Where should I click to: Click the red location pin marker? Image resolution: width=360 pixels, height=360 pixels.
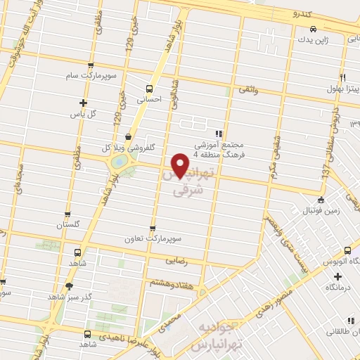(181, 165)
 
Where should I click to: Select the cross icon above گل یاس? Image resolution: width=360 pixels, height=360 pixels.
(83, 103)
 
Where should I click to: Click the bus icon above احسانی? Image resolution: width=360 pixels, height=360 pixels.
(148, 89)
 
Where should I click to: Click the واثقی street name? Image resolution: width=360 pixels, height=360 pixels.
(248, 89)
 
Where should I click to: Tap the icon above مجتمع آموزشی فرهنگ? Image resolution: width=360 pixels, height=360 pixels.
(219, 132)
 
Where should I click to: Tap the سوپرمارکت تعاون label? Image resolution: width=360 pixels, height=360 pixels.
(153, 238)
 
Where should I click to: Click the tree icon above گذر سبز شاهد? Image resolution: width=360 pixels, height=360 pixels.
(69, 286)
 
